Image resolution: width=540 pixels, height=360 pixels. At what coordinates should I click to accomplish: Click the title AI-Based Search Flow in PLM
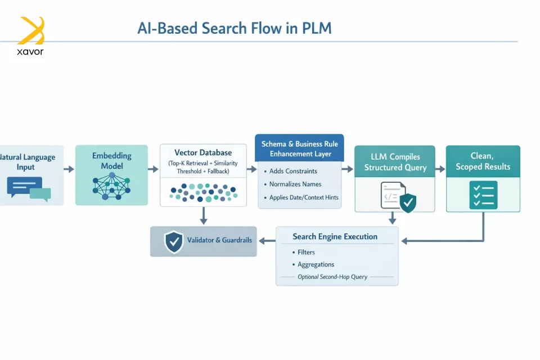click(235, 28)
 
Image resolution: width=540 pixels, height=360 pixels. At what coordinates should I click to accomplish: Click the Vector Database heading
click(203, 152)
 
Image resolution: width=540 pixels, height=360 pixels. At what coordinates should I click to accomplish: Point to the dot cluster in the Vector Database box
click(203, 192)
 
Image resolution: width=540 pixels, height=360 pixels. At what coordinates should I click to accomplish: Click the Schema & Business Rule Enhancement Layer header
click(300, 148)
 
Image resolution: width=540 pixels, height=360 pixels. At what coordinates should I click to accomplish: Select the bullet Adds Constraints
click(293, 171)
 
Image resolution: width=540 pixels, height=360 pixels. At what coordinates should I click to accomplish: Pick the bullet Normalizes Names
click(295, 184)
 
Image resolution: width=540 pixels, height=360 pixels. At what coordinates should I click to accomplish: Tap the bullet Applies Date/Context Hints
click(304, 197)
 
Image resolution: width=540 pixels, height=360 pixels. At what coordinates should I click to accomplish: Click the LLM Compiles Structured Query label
click(395, 162)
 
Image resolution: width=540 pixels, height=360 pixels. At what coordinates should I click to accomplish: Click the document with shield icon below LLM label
click(397, 196)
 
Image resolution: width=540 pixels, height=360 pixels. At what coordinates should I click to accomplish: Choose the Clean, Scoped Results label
click(483, 161)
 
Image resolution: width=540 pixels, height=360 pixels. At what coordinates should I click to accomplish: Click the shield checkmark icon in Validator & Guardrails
click(173, 241)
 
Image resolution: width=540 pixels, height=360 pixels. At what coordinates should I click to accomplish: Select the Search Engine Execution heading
click(335, 236)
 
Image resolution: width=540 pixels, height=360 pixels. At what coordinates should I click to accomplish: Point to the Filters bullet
click(306, 252)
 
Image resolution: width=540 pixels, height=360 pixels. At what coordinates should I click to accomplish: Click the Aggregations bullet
click(316, 264)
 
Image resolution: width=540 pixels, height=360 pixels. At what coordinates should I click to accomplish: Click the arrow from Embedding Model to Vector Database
click(153, 169)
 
